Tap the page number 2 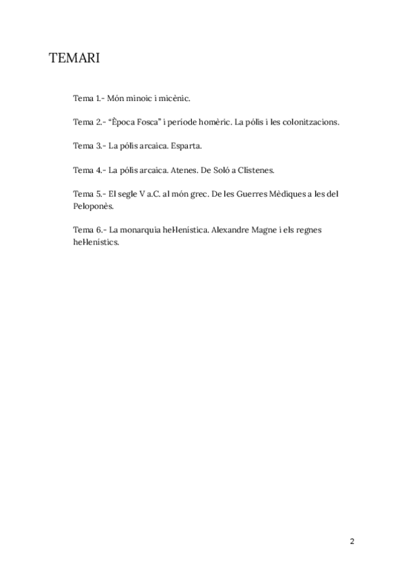tap(352, 541)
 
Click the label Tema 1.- tap(89, 98)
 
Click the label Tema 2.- tap(89, 123)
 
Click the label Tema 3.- tap(89, 145)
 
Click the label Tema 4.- tap(89, 170)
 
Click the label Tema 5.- tap(89, 194)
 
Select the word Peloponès tap(94, 206)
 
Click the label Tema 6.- tap(89, 230)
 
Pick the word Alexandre tap(233, 230)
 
